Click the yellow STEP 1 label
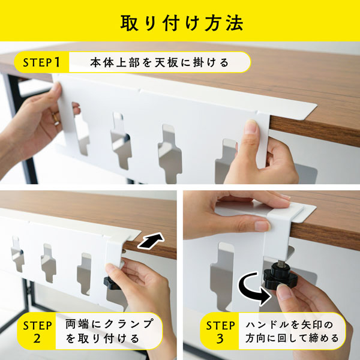click(42, 62)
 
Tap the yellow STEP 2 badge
click(37, 331)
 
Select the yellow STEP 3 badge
click(220, 331)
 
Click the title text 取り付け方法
click(182, 23)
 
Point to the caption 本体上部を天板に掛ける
click(160, 62)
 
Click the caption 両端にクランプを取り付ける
click(109, 331)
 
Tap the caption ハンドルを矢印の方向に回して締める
click(292, 331)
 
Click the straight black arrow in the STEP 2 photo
click(151, 241)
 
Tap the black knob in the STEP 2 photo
click(111, 283)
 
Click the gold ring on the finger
click(56, 118)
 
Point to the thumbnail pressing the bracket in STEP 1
click(252, 126)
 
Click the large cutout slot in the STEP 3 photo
click(221, 275)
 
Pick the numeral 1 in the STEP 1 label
click(57, 62)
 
